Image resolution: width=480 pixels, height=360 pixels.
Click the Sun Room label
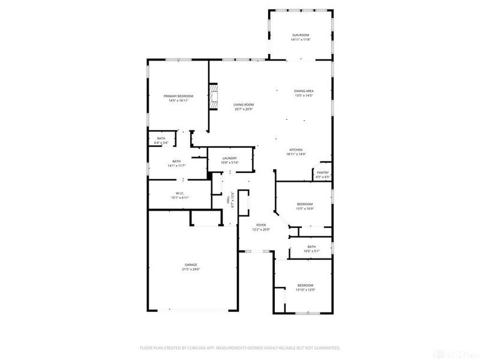click(x=299, y=36)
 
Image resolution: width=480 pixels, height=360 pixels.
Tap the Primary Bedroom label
click(x=178, y=96)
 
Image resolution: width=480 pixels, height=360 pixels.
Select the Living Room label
click(x=244, y=105)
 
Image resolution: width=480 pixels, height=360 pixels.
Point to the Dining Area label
click(x=304, y=91)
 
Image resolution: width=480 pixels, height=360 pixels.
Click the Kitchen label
click(x=296, y=149)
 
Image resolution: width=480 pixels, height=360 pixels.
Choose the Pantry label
click(x=323, y=173)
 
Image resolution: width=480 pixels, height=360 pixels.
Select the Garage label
click(x=191, y=265)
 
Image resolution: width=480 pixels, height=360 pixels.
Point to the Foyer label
click(x=261, y=225)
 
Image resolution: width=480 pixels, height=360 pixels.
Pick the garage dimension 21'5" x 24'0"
click(x=191, y=269)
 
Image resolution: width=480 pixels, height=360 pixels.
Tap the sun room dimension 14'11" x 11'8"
click(x=299, y=40)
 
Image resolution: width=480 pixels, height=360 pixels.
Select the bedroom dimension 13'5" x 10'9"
click(x=305, y=209)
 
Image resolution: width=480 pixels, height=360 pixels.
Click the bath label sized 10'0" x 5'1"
click(x=311, y=248)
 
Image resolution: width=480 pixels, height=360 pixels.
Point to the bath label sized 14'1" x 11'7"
click(x=176, y=163)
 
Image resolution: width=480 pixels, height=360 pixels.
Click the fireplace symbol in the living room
click(x=214, y=97)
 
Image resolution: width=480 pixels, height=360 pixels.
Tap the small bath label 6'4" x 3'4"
click(x=161, y=140)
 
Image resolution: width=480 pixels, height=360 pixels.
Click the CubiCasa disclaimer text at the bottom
click(x=240, y=347)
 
